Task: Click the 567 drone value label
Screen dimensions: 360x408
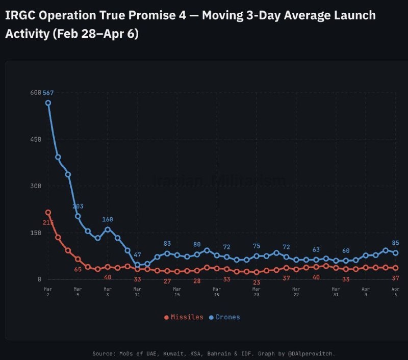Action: coord(48,93)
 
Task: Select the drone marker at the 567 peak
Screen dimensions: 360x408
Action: coord(48,102)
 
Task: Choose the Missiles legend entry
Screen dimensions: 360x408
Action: coord(184,317)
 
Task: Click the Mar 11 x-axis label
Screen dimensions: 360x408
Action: coord(137,292)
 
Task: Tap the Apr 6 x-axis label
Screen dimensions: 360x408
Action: coord(395,292)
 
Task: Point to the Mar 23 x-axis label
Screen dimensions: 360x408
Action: coord(257,292)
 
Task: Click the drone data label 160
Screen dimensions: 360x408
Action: coord(108,220)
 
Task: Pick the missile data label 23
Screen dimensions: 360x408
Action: coord(257,282)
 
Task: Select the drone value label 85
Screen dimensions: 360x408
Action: coord(396,243)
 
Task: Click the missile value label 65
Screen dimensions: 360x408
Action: coord(78,269)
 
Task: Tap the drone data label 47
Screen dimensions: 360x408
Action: coord(137,254)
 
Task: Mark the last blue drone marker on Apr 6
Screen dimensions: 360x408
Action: coord(395,253)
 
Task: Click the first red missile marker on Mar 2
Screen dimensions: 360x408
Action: coord(48,213)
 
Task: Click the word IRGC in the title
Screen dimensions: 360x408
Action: coord(19,15)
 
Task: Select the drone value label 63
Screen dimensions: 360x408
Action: coord(316,250)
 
